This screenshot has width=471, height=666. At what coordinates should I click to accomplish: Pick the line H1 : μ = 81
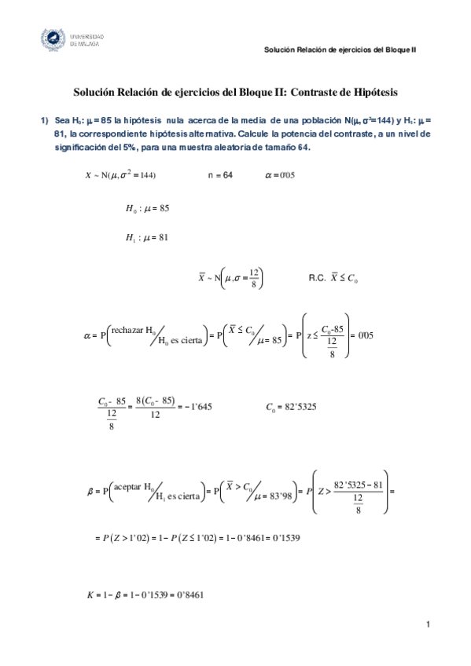148,236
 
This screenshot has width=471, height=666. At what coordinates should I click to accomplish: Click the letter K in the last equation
90,595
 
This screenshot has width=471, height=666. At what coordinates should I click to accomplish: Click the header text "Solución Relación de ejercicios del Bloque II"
340,49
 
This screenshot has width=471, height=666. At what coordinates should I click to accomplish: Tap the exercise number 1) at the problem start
45,121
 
